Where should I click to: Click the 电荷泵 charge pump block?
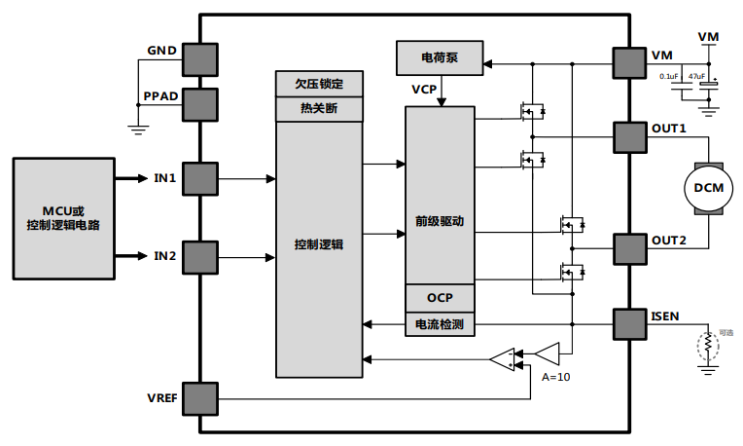pyautogui.click(x=440, y=59)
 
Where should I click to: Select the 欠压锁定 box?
pyautogui.click(x=319, y=84)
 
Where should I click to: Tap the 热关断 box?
pyautogui.click(x=319, y=108)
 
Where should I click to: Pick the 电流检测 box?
pyautogui.click(x=440, y=324)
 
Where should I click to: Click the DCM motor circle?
pyautogui.click(x=708, y=186)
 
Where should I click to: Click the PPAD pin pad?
pyautogui.click(x=199, y=100)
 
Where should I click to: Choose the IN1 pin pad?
pyautogui.click(x=199, y=179)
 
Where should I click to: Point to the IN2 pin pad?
pyautogui.click(x=199, y=257)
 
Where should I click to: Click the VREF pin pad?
pyautogui.click(x=199, y=397)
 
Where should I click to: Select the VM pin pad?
pyautogui.click(x=628, y=63)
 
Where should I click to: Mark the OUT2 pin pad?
pyautogui.click(x=628, y=249)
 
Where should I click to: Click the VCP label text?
pyautogui.click(x=424, y=90)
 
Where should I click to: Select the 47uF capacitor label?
pyautogui.click(x=696, y=75)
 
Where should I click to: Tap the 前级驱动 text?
pyautogui.click(x=440, y=221)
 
